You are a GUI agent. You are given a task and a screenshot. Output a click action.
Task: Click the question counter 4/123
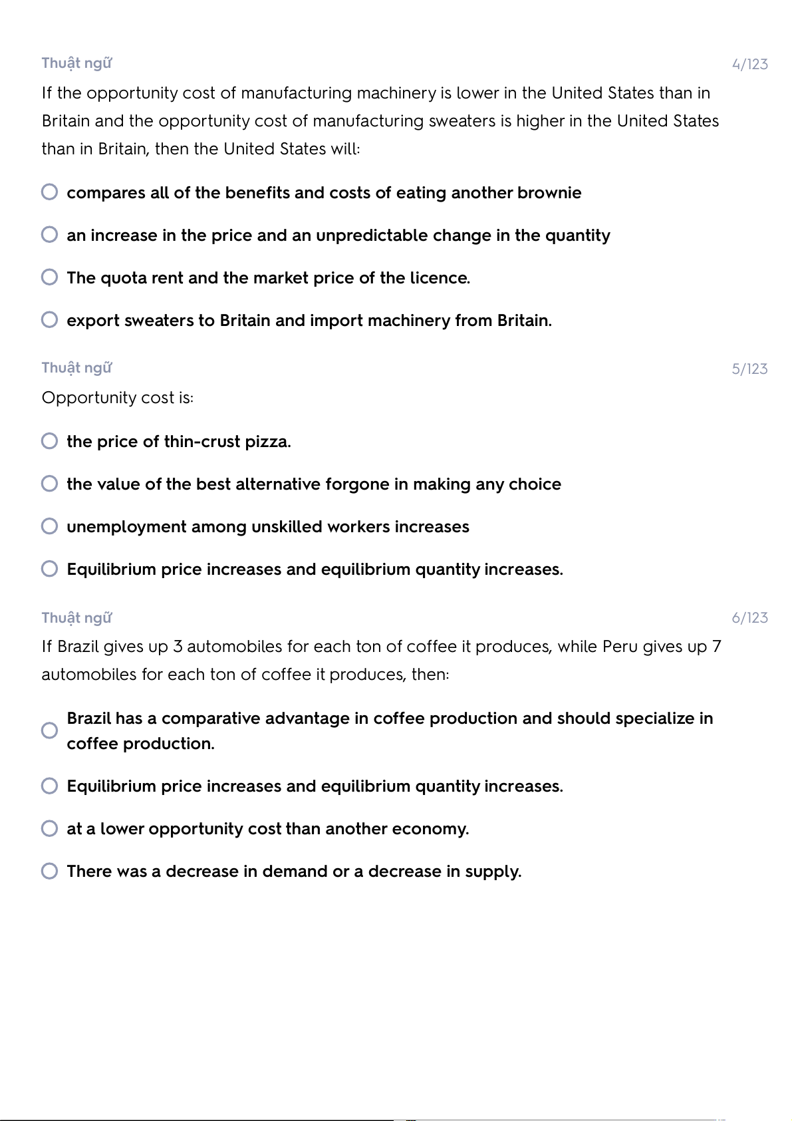(749, 65)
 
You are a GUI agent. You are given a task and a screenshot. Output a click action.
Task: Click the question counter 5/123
(749, 369)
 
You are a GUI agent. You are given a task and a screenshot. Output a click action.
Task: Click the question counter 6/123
(749, 618)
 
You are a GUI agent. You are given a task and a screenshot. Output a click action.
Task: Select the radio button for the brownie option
(49, 192)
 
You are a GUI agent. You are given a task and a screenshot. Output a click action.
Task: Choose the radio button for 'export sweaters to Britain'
(49, 320)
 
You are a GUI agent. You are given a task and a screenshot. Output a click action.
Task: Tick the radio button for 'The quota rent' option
(49, 277)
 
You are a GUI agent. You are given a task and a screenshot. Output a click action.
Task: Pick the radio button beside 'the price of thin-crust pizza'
(49, 441)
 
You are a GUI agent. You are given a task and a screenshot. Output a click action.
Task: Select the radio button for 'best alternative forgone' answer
(49, 484)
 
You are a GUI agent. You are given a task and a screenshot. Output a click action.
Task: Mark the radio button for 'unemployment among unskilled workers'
(49, 526)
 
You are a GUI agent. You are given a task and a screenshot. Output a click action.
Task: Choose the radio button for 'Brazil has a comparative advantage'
(49, 730)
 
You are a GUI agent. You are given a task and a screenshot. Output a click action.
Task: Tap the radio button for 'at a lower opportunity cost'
(49, 828)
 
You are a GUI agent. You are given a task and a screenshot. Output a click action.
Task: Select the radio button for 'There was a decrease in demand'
(49, 871)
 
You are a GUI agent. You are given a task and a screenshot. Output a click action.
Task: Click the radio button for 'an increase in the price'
(49, 235)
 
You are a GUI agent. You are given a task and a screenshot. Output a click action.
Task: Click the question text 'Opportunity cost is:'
(118, 398)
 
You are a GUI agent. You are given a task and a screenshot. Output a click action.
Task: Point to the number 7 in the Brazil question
(716, 647)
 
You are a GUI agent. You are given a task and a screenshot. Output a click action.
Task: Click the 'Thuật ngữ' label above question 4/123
(76, 63)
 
